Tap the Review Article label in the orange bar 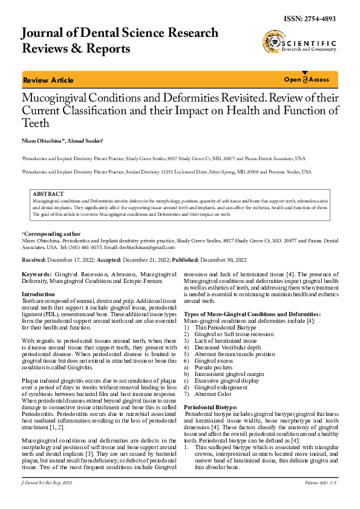point(48,80)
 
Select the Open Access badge point(307,80)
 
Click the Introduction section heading point(38,294)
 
